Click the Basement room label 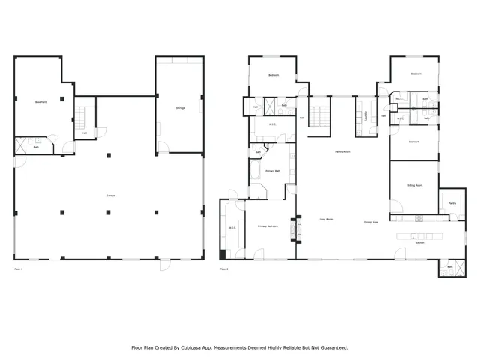coord(41,102)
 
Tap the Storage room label coord(180,107)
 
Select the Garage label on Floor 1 coord(110,196)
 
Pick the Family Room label coord(343,151)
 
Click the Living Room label coord(325,220)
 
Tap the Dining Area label coord(370,222)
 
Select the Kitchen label coord(420,243)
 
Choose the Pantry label coord(452,202)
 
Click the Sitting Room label coord(414,184)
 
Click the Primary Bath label coord(273,171)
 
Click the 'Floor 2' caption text coord(223,268)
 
